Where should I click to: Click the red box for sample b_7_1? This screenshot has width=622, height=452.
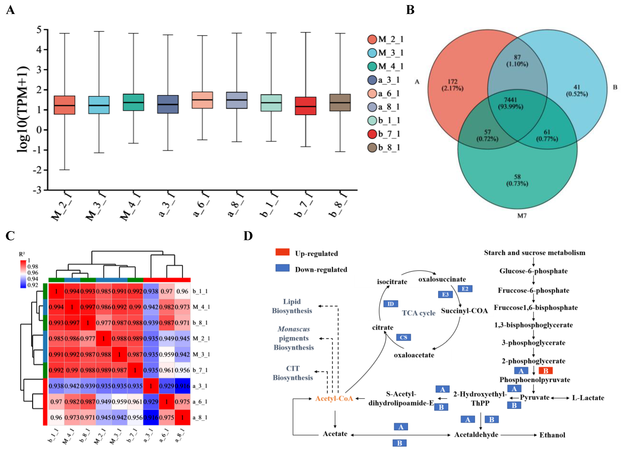click(306, 106)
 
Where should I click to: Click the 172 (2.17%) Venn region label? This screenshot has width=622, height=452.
click(452, 85)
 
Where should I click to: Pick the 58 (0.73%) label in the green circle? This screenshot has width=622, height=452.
click(517, 180)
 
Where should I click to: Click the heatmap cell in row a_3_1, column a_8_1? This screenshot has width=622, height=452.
click(182, 386)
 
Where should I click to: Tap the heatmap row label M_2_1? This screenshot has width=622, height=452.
click(201, 338)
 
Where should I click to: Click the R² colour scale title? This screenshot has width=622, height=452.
click(22, 254)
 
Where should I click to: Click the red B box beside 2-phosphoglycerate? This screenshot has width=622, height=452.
click(545, 371)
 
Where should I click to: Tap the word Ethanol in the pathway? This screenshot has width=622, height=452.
click(552, 435)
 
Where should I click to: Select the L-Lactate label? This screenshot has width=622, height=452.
click(588, 398)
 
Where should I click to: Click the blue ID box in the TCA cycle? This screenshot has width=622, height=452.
click(391, 304)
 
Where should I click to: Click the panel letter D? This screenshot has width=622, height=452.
click(248, 236)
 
